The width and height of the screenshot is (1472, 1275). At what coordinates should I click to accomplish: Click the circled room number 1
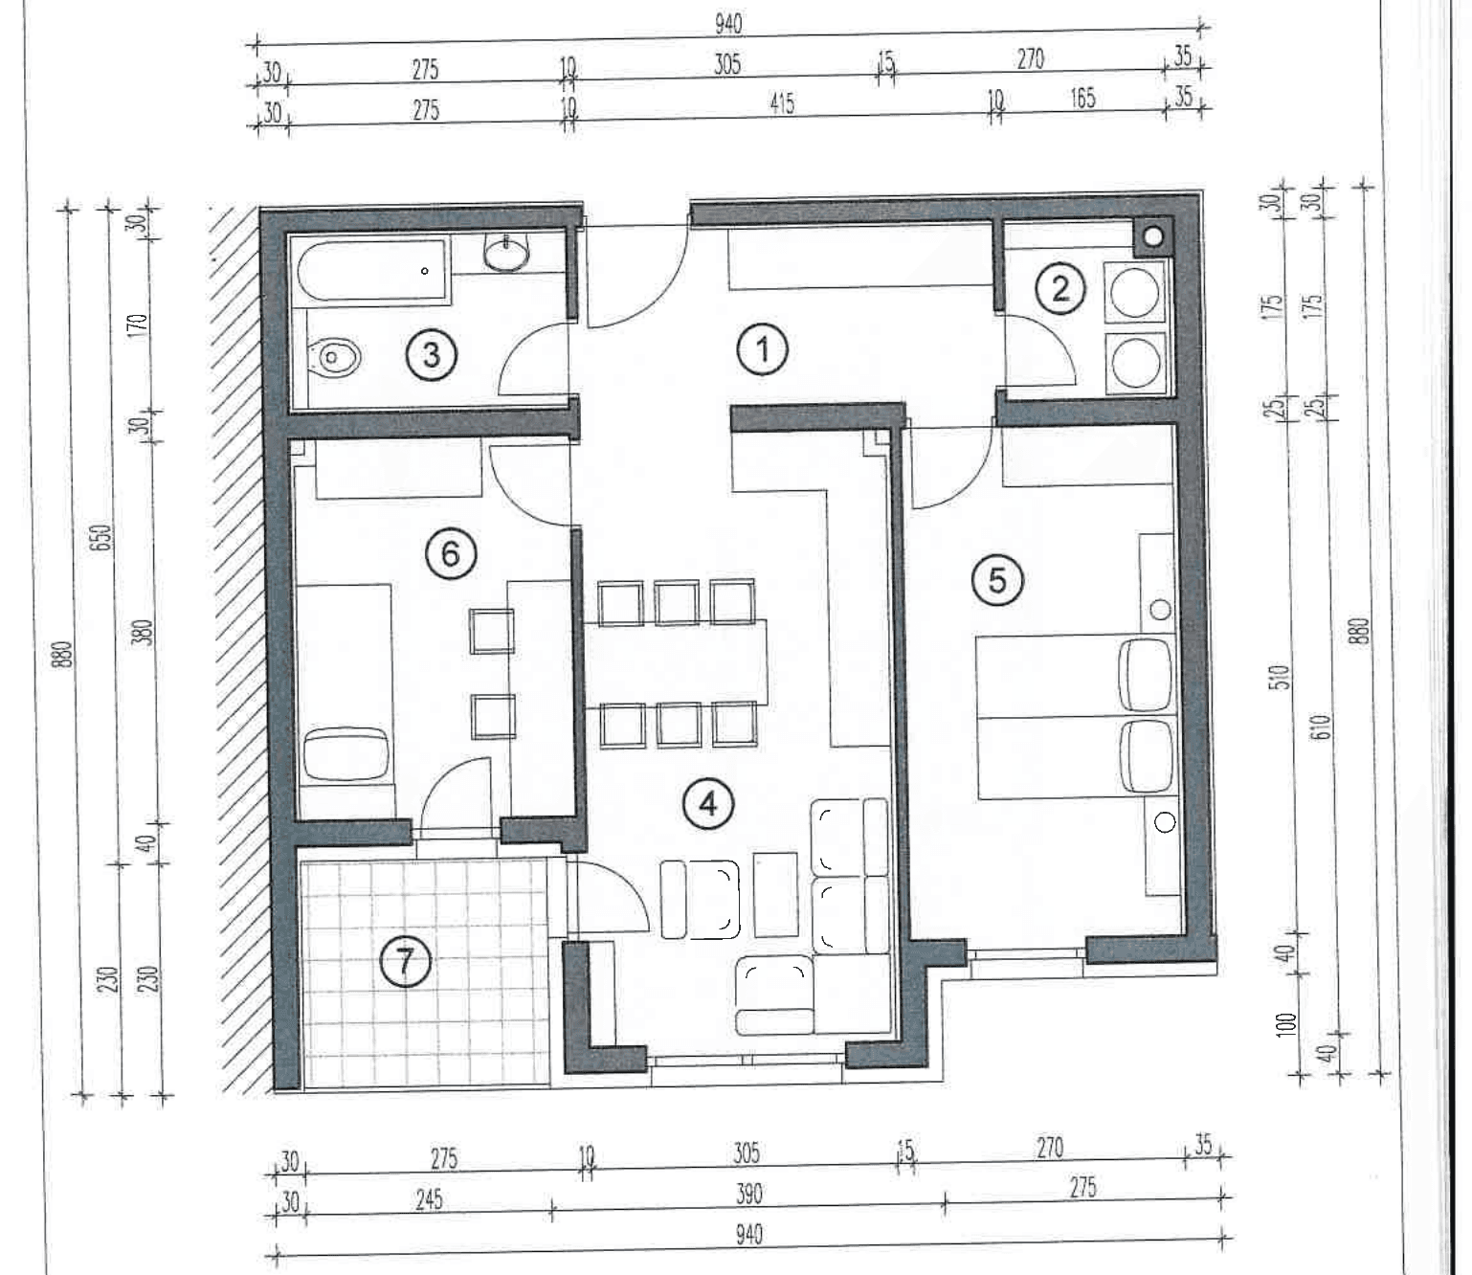[763, 350]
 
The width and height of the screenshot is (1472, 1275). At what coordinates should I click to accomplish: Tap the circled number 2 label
[1060, 290]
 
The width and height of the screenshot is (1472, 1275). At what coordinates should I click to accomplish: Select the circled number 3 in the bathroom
[431, 355]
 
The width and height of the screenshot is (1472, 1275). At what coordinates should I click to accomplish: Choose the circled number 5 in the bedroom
[997, 581]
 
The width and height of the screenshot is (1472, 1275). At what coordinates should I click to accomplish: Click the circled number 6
[451, 554]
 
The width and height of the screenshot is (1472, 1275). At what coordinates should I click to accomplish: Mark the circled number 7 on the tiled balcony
[405, 962]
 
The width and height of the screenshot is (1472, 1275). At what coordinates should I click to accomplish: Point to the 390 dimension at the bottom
[748, 1194]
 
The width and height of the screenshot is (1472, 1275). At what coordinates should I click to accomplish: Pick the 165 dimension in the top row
[1082, 99]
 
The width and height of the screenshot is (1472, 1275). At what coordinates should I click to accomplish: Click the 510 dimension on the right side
[1282, 676]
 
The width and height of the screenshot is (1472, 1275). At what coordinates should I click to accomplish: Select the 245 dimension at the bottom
[429, 1200]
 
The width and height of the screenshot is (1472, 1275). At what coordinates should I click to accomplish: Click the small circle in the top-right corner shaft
[1154, 235]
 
